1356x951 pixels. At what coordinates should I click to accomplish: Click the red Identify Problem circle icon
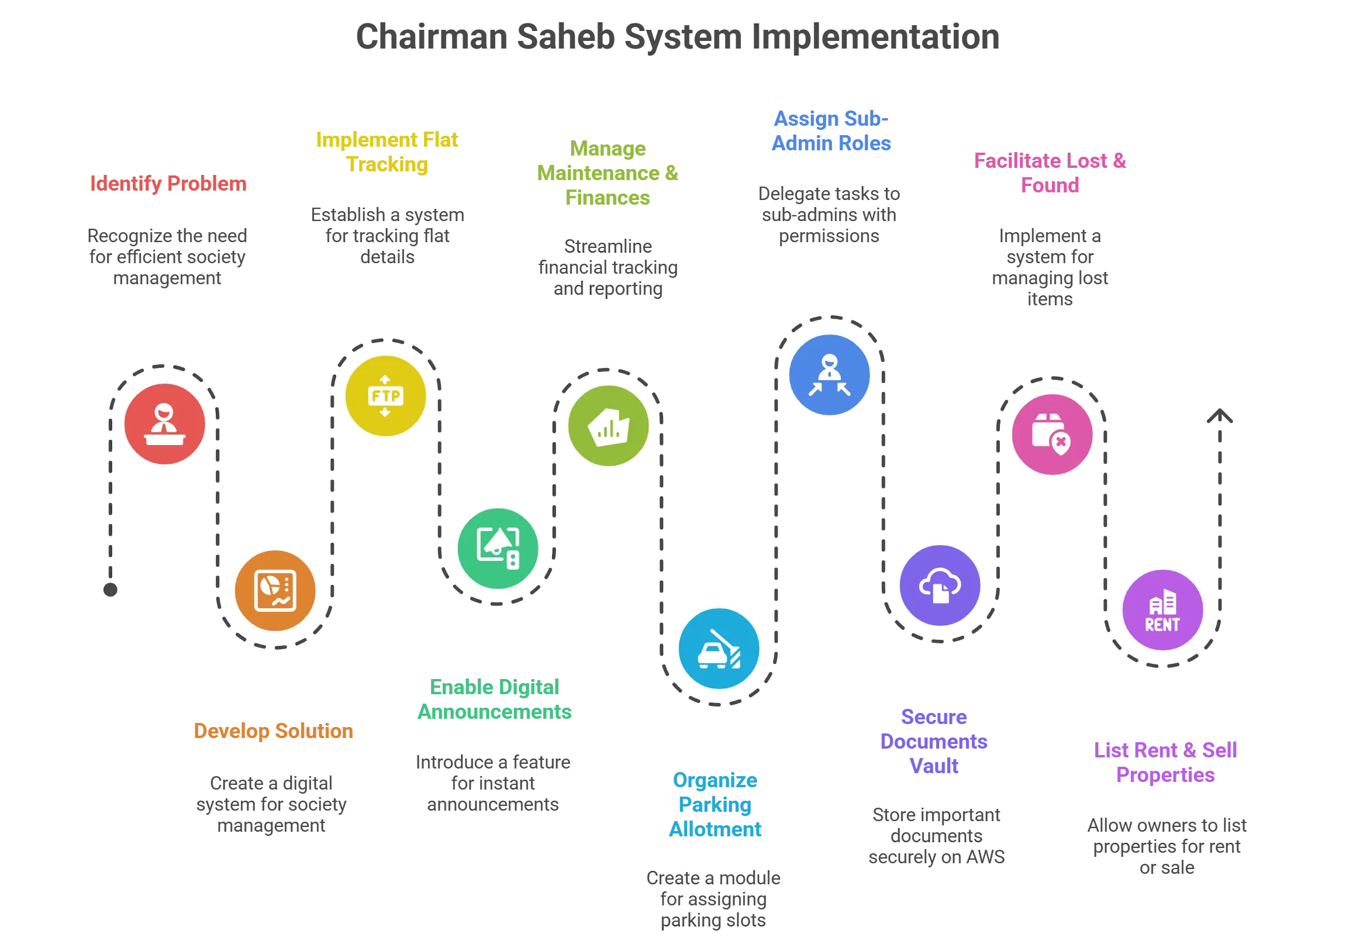tap(165, 424)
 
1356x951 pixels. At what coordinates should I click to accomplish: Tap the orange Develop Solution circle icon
tap(275, 590)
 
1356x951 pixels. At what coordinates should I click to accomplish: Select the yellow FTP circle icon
tap(386, 396)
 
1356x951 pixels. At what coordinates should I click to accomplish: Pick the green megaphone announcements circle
tap(498, 548)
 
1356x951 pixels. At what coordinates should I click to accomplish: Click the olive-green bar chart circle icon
tap(608, 426)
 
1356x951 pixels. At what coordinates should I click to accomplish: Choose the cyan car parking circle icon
tap(719, 648)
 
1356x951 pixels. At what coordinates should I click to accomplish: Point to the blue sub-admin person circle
tap(830, 374)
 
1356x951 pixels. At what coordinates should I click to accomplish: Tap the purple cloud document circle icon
tap(940, 585)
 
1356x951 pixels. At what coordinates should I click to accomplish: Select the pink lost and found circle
tap(1052, 435)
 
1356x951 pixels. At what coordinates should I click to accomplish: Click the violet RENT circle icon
tap(1162, 610)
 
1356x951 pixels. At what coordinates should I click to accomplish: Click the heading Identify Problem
tap(168, 183)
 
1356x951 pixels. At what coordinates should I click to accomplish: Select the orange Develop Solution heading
tap(274, 731)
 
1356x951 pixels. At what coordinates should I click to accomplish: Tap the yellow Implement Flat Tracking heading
tap(387, 153)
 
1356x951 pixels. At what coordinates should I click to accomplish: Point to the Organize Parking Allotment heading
tap(715, 805)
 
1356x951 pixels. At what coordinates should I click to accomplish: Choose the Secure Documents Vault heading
tap(934, 740)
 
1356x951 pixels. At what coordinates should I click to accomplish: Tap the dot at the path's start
tap(111, 589)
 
